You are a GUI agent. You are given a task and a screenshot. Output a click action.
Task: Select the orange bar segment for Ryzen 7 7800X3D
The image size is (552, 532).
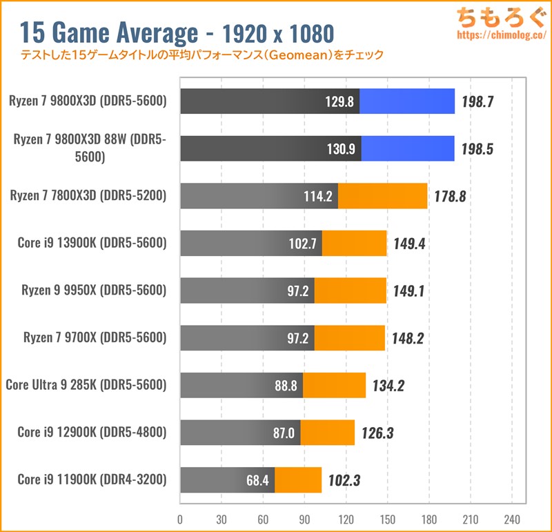(x=382, y=196)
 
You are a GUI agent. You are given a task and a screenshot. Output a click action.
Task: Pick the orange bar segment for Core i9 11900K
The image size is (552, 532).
(x=298, y=480)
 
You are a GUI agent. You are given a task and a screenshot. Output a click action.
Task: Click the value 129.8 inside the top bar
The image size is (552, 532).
(x=339, y=101)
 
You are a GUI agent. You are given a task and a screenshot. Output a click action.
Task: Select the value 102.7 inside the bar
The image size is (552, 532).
(x=302, y=243)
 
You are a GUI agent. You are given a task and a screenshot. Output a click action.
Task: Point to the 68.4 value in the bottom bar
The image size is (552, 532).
(x=256, y=480)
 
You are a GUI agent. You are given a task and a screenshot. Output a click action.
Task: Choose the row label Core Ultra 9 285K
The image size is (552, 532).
(x=86, y=385)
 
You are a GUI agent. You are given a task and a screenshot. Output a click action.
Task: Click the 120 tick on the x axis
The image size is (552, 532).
(x=346, y=519)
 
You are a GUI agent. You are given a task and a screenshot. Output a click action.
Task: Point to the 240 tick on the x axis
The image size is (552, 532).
(x=512, y=519)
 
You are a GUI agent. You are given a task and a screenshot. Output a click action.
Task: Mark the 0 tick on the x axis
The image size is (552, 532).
(x=180, y=519)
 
